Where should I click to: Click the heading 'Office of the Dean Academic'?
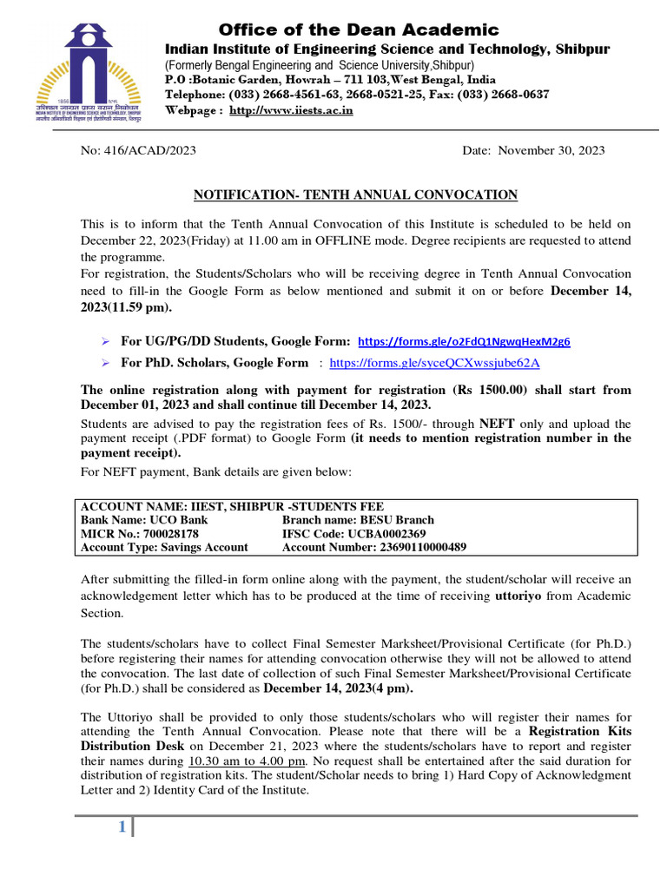(x=358, y=30)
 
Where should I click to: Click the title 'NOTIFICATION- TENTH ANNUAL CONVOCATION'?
(x=355, y=194)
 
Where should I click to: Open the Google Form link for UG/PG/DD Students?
(x=464, y=341)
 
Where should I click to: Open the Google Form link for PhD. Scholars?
(x=435, y=363)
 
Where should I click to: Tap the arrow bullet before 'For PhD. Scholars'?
(x=104, y=363)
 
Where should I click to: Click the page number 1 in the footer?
(x=122, y=829)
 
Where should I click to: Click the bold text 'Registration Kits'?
(x=580, y=732)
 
